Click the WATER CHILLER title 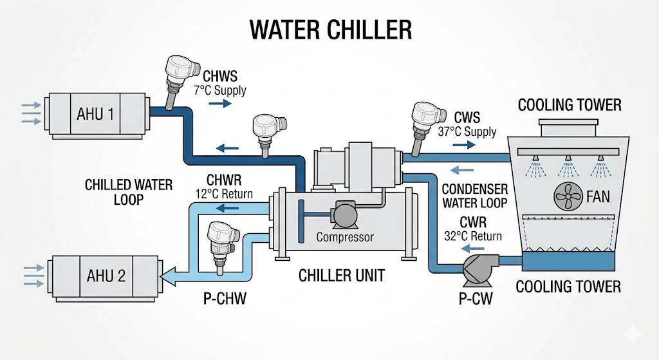pos(329,30)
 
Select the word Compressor pos(345,237)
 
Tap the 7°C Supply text pos(220,90)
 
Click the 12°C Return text pos(223,193)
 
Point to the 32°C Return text pos(473,236)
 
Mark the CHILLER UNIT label pos(341,276)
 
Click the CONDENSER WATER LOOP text pos(475,196)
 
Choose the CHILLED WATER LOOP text pos(129,192)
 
